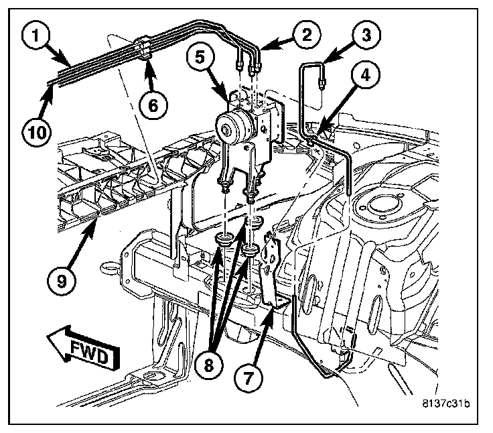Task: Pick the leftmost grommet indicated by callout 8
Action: pos(225,238)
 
